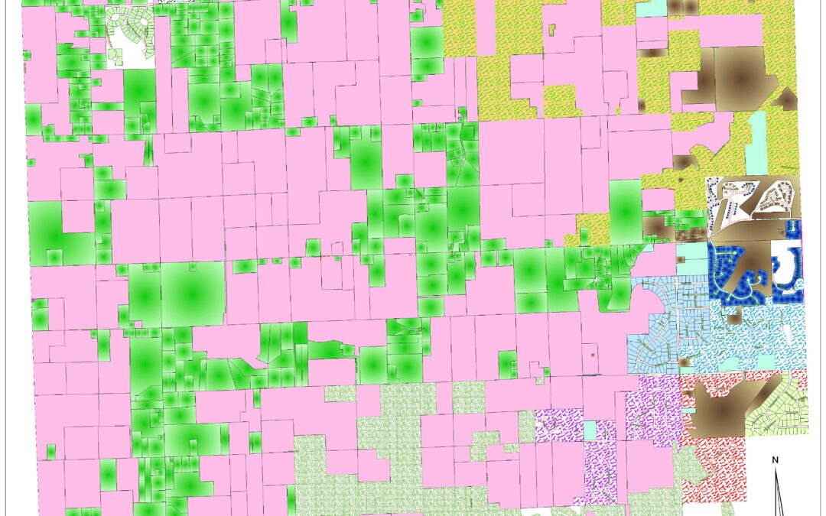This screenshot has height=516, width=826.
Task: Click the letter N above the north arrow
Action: (775, 459)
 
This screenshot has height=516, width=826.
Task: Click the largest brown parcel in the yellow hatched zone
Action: (738, 76)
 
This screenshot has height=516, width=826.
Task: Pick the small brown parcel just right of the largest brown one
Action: (785, 99)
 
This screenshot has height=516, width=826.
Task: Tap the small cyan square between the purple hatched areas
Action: (590, 430)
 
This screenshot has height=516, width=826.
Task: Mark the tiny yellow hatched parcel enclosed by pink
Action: (551, 31)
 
